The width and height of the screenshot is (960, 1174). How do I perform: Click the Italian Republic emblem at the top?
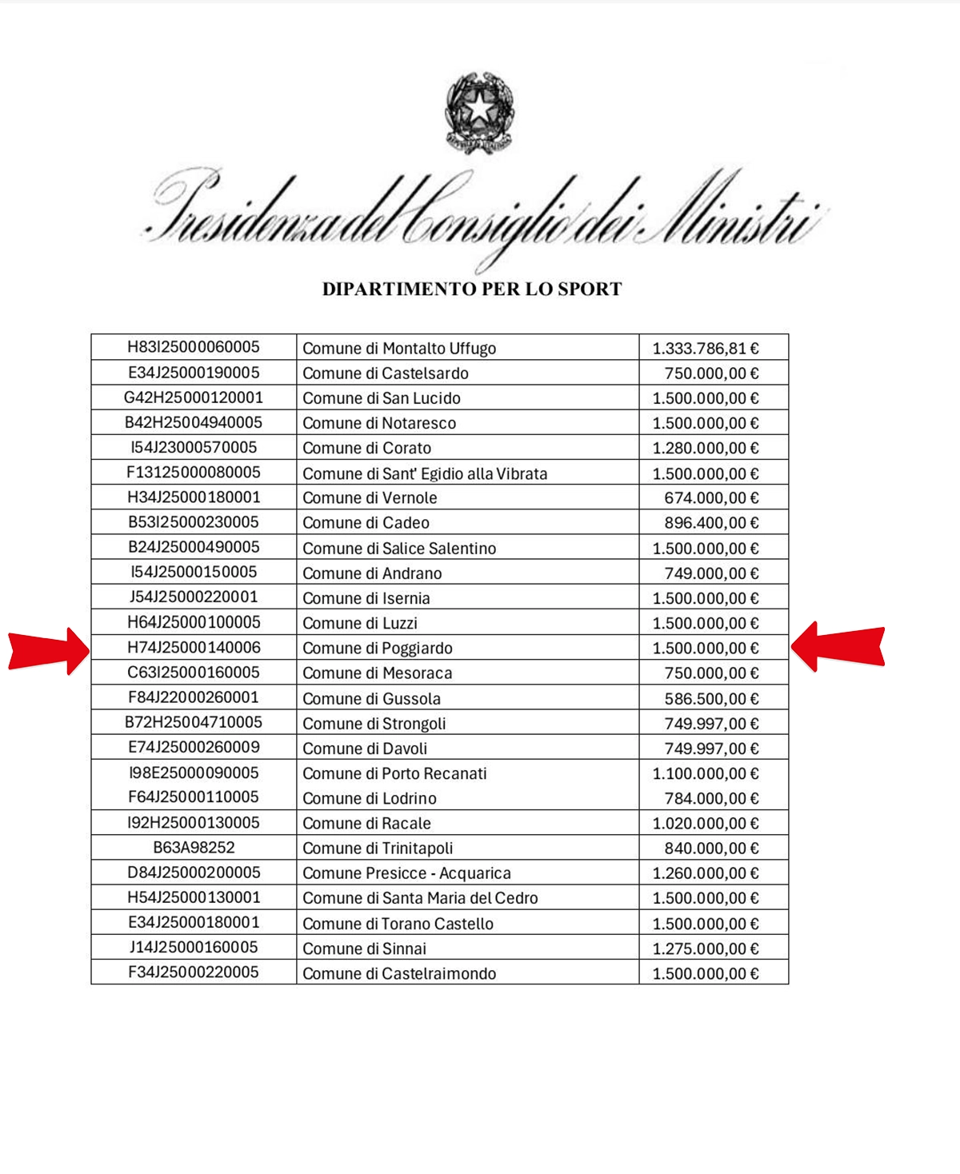(478, 112)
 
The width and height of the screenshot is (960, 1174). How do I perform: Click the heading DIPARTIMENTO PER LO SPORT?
(472, 289)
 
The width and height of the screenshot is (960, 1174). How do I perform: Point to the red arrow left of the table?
(49, 649)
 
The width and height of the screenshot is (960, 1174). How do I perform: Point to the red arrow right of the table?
(838, 646)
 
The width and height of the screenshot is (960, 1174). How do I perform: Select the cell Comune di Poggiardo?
(378, 648)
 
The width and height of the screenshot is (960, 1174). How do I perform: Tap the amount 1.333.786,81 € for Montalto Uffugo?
(706, 348)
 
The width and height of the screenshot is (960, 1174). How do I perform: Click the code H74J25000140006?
(194, 647)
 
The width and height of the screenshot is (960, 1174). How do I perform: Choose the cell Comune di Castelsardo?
(386, 373)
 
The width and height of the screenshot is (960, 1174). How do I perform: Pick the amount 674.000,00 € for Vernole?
(711, 497)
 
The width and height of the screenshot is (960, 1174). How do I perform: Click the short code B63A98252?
(194, 848)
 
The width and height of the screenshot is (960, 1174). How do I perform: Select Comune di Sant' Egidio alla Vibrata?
(425, 473)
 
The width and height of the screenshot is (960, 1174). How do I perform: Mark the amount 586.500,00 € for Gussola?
(711, 698)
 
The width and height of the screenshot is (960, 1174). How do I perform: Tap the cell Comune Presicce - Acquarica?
(406, 873)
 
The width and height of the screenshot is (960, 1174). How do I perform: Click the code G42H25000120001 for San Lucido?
(194, 397)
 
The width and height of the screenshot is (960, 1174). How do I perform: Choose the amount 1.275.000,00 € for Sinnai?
(706, 948)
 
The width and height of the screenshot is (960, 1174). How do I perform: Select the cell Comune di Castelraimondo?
(399, 973)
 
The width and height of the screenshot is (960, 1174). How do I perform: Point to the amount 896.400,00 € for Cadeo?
(711, 522)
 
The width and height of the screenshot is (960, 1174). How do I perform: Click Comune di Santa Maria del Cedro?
(420, 898)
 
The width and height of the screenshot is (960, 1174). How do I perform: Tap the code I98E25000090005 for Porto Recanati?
(194, 773)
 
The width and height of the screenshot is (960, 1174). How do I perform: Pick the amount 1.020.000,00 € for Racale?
(706, 823)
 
